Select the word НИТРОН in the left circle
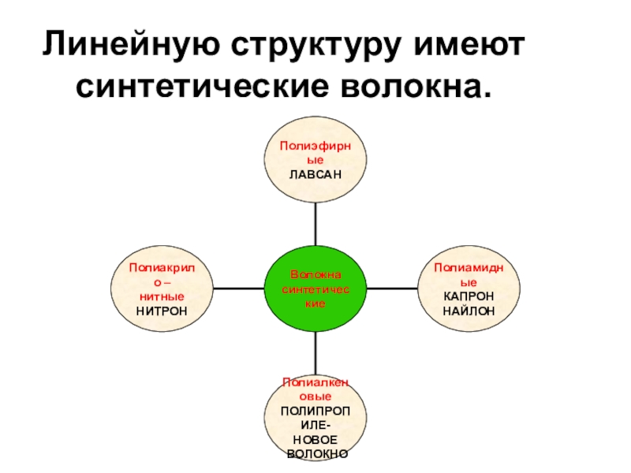162,310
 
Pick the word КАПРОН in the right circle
469,296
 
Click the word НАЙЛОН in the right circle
469,310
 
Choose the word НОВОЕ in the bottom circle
315,439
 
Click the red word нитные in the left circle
162,296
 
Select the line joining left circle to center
237,289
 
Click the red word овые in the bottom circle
315,397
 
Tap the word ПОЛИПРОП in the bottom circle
315,411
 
